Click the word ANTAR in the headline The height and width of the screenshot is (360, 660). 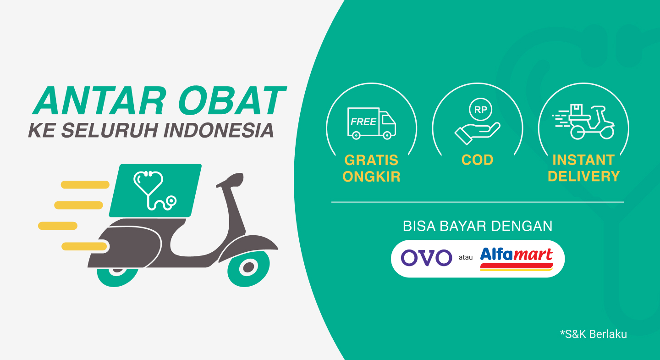pos(99,100)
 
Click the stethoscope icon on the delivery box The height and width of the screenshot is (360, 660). pos(155,190)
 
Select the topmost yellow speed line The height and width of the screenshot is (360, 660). pos(85,184)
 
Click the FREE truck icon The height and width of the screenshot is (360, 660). pos(372,123)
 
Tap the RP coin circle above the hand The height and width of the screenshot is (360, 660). pos(480,110)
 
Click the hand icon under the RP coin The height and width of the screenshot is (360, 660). pos(477,133)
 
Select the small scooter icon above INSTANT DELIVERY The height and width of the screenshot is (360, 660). pos(583,122)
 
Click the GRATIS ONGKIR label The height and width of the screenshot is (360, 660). pos(371,168)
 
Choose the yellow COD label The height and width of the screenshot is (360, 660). pos(477,160)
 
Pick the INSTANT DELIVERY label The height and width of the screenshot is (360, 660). pos(584,168)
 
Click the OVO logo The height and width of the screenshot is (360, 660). pos(426,258)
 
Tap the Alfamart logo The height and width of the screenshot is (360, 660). pos(517,259)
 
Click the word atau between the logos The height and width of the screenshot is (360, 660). pos(466,258)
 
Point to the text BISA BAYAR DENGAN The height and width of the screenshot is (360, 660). pos(477,226)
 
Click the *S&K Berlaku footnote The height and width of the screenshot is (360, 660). pos(594,334)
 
